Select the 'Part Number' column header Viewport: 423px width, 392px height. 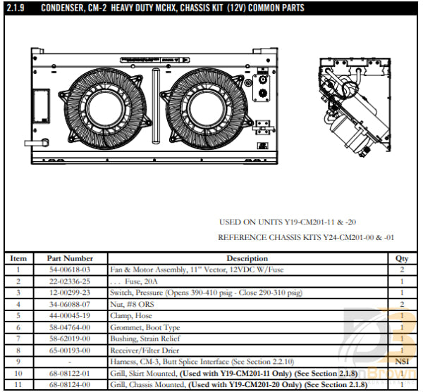pos(70,258)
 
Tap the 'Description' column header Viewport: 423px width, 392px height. pos(247,258)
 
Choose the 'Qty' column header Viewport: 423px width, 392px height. pos(402,258)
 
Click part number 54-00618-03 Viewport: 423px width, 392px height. pos(70,270)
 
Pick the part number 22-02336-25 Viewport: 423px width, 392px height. pos(70,281)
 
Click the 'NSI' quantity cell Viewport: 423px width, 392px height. pos(402,361)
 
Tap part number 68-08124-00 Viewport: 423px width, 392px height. pos(70,384)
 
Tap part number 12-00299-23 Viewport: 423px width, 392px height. pos(70,292)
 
